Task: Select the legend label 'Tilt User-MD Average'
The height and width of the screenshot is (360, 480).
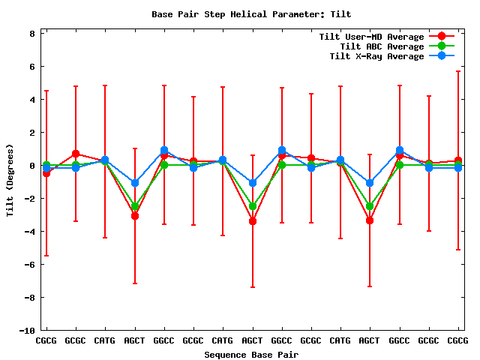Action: pyautogui.click(x=371, y=37)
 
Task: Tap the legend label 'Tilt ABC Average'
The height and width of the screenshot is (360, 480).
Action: pyautogui.click(x=376, y=46)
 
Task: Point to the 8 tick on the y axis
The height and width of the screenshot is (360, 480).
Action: pyautogui.click(x=32, y=33)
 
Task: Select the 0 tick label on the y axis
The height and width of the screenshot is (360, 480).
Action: pyautogui.click(x=32, y=165)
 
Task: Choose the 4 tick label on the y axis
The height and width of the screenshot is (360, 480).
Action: pyautogui.click(x=32, y=99)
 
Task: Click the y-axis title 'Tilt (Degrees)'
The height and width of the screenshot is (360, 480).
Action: pyautogui.click(x=10, y=180)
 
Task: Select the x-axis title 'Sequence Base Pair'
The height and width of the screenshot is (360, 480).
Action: pyautogui.click(x=251, y=354)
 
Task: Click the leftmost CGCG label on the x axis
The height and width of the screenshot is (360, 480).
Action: pyautogui.click(x=46, y=341)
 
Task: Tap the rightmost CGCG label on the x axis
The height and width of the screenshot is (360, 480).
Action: pyautogui.click(x=457, y=341)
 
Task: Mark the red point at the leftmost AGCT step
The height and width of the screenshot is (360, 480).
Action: pyautogui.click(x=135, y=216)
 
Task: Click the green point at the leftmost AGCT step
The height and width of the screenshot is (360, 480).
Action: pyautogui.click(x=135, y=206)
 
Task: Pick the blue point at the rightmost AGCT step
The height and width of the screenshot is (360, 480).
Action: pyautogui.click(x=370, y=183)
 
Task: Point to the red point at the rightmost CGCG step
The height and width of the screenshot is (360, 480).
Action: pyautogui.click(x=458, y=161)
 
